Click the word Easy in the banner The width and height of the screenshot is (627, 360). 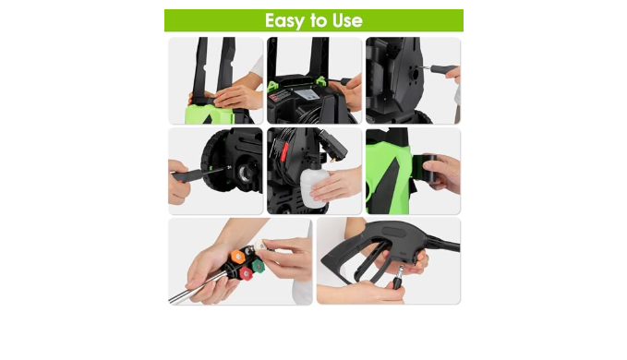tap(283, 21)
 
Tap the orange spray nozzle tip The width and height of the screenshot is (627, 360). tap(237, 257)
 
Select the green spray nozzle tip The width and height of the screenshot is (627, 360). tap(258, 265)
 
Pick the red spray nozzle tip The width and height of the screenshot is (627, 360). tap(246, 274)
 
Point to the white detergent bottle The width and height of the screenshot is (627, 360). tap(314, 186)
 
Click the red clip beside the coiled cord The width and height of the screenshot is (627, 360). tap(283, 152)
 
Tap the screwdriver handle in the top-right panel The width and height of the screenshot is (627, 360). tap(444, 69)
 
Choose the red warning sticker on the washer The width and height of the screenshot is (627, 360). tap(280, 96)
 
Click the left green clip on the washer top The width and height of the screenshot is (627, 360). tap(273, 86)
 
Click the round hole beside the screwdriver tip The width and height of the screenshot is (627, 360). tap(415, 74)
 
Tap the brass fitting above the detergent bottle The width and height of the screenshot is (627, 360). tap(332, 159)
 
